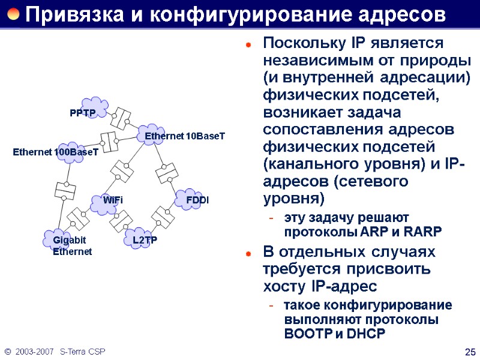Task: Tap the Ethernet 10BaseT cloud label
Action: [185, 137]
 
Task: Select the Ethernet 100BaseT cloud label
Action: [55, 153]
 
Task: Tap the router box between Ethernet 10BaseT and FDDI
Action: [166, 173]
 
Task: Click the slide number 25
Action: [470, 351]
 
